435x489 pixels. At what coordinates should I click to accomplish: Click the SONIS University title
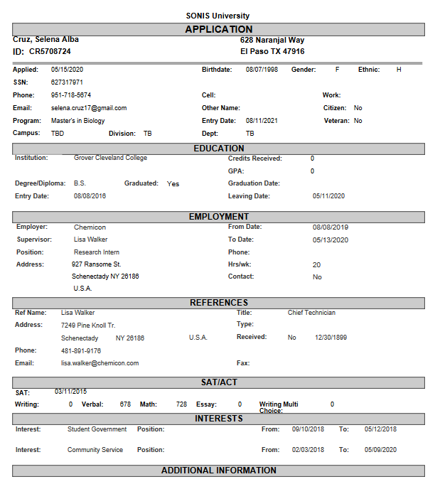pyautogui.click(x=217, y=16)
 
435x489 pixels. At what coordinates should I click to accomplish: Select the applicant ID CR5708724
pyautogui.click(x=50, y=52)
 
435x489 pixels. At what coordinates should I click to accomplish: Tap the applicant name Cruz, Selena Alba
pyautogui.click(x=46, y=40)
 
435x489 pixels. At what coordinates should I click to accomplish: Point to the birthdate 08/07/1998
pyautogui.click(x=262, y=70)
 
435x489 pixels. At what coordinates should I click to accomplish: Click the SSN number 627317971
pyautogui.click(x=67, y=82)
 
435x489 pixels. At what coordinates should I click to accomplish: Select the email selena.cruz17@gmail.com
pyautogui.click(x=89, y=108)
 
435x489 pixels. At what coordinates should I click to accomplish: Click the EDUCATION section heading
pyautogui.click(x=218, y=149)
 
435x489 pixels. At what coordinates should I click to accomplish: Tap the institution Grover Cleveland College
pyautogui.click(x=110, y=158)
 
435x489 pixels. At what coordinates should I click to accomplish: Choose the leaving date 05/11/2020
pyautogui.click(x=328, y=196)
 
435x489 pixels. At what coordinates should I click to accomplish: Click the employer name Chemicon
pyautogui.click(x=90, y=227)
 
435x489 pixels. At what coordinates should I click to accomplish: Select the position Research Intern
pyautogui.click(x=97, y=252)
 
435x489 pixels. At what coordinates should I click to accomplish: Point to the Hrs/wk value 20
pyautogui.click(x=316, y=264)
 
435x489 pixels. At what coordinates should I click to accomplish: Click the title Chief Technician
pyautogui.click(x=311, y=313)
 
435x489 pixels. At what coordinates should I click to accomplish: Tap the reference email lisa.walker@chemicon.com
pyautogui.click(x=100, y=363)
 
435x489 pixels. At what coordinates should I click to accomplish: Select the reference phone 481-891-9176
pyautogui.click(x=81, y=351)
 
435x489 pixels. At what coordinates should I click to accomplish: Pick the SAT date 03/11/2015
pyautogui.click(x=70, y=392)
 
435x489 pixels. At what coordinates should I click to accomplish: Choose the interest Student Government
pyautogui.click(x=97, y=429)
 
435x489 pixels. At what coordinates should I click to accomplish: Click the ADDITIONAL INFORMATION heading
pyautogui.click(x=218, y=471)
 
